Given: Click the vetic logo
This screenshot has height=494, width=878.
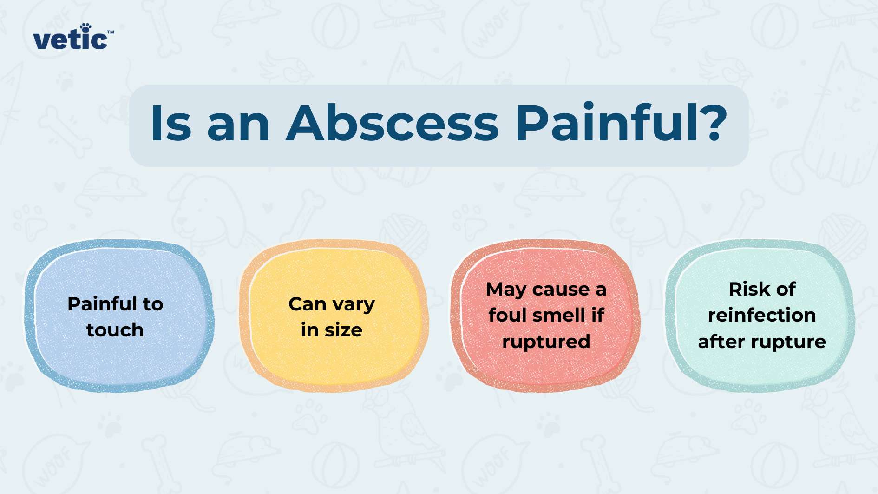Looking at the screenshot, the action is tap(73, 37).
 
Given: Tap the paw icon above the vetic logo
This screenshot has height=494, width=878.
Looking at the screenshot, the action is tap(85, 28).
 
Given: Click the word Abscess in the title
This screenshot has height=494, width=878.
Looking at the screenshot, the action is tap(393, 123).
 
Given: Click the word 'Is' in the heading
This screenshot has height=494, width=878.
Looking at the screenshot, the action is tap(171, 123).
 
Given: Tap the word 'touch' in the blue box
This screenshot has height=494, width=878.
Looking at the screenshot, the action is tap(115, 330).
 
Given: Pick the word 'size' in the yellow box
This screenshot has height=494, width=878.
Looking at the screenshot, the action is tap(343, 330).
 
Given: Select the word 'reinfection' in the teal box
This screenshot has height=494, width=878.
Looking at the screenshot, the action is tap(762, 315).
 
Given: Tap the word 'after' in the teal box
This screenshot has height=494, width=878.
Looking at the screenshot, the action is tap(721, 342).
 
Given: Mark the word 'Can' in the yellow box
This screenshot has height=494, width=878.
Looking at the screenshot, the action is tap(308, 304).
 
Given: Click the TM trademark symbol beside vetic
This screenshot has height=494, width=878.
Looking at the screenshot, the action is tap(111, 33).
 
